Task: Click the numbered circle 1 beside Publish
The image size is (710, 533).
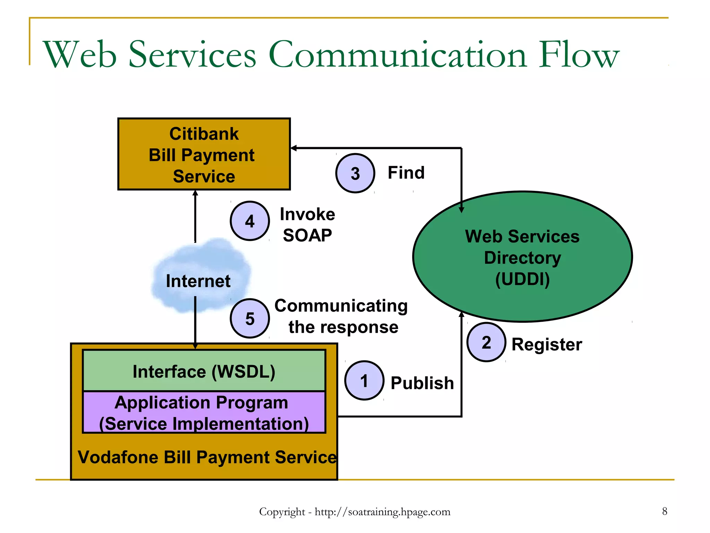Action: click(364, 380)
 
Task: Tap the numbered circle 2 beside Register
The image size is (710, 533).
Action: click(486, 342)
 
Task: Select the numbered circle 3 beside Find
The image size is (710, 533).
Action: click(355, 173)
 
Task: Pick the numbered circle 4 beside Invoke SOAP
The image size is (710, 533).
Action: click(250, 221)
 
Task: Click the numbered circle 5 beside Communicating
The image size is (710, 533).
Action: click(250, 318)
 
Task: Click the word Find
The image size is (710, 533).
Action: click(406, 172)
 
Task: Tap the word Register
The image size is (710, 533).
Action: click(547, 345)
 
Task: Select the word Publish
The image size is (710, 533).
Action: click(422, 383)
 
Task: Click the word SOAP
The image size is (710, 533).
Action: click(307, 235)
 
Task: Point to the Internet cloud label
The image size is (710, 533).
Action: click(198, 281)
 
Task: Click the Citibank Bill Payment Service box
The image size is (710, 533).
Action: click(204, 154)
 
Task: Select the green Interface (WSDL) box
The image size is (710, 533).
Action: click(204, 371)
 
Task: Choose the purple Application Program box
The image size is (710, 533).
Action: click(204, 412)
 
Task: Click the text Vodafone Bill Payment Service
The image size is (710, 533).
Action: click(207, 457)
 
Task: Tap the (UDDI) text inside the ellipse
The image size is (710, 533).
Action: click(522, 279)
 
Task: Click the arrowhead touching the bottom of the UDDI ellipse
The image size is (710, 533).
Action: click(461, 314)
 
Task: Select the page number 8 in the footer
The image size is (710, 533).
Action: click(664, 511)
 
